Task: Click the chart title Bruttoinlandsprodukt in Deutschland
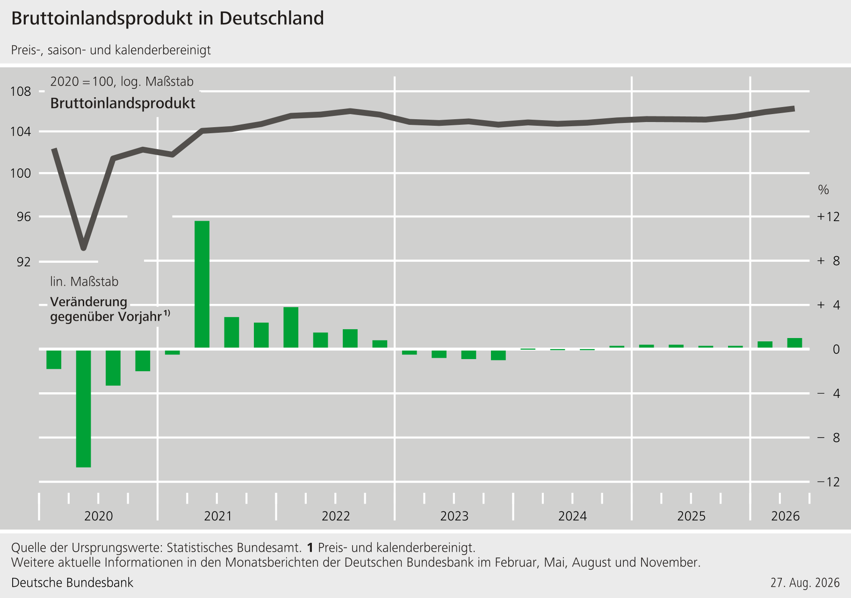[167, 19]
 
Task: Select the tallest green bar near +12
[202, 284]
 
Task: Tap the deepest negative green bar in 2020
[84, 409]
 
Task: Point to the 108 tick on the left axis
[21, 91]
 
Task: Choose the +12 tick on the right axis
[828, 216]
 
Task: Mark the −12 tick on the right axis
[828, 482]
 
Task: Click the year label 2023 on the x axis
[454, 516]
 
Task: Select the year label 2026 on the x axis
[786, 516]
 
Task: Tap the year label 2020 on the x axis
[99, 516]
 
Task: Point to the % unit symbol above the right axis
[823, 190]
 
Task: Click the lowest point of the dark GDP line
[84, 248]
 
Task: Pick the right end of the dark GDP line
[793, 108]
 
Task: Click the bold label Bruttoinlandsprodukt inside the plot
[123, 103]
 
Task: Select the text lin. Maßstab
[84, 281]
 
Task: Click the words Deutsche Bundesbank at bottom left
[72, 583]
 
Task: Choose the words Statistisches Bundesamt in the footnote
[233, 547]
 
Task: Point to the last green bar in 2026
[794, 343]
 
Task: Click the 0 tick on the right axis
[836, 349]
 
